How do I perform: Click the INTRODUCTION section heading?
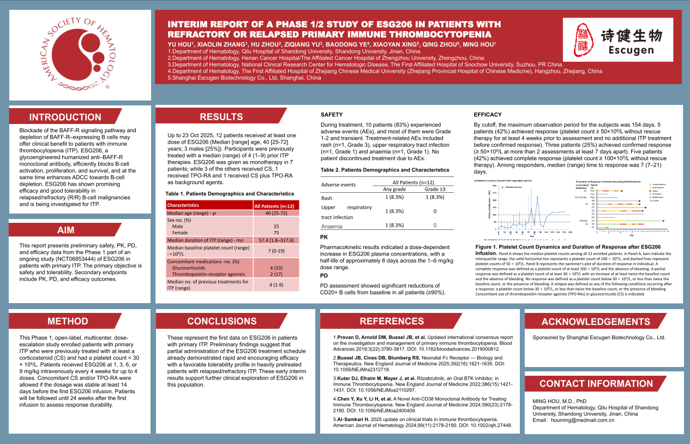(65, 117)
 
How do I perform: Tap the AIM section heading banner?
(65, 230)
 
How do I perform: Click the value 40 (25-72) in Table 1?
(276, 213)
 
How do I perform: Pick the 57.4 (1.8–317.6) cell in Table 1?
(276, 240)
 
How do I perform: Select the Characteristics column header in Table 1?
(183, 205)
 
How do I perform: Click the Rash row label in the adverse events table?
(327, 198)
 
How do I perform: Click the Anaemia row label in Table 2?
(332, 226)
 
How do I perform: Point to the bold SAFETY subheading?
(332, 115)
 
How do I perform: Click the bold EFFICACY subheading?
(488, 115)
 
